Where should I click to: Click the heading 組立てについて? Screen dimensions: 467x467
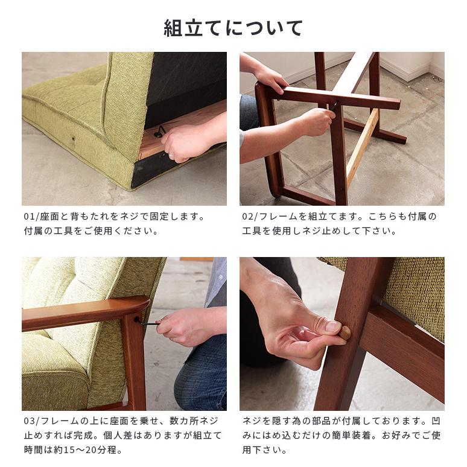233,27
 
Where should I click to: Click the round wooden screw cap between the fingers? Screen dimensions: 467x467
345,332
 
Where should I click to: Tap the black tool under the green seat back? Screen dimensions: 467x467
159,130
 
